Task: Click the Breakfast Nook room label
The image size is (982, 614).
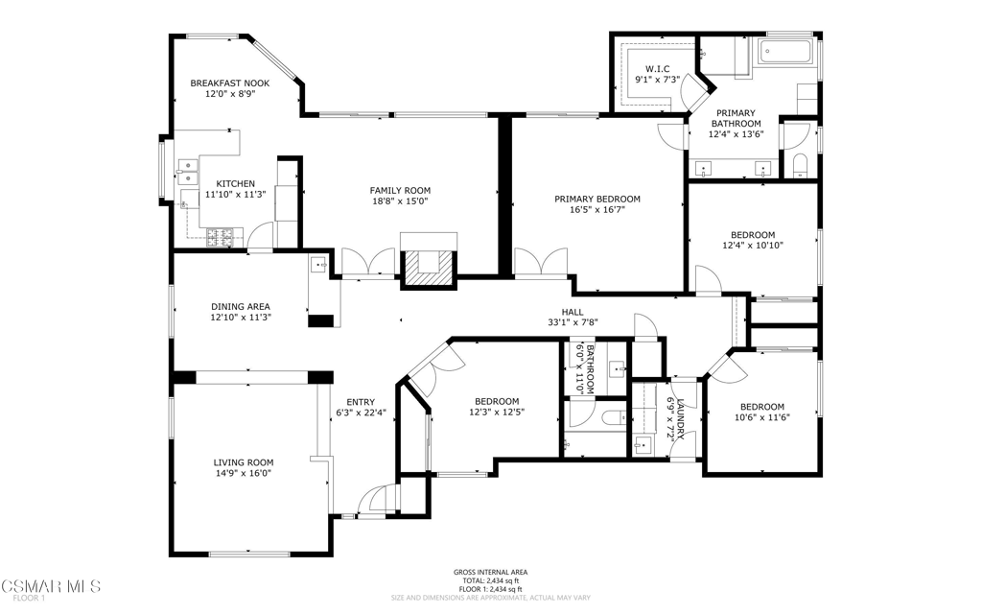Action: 230,83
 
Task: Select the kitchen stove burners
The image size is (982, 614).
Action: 224,236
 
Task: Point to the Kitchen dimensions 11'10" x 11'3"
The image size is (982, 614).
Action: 236,195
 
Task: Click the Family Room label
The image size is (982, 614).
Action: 400,191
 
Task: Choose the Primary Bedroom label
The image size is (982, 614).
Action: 597,200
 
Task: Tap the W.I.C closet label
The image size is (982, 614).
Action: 658,69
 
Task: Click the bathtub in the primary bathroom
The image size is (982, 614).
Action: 786,52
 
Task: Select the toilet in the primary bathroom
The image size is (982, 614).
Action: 801,167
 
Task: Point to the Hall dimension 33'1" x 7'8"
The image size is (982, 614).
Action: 573,322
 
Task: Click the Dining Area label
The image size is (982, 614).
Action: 241,307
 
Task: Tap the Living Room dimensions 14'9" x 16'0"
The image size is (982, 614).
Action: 243,474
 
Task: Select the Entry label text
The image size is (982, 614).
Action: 361,402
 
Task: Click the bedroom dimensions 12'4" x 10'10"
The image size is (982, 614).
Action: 753,246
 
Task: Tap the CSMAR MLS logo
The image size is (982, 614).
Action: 50,586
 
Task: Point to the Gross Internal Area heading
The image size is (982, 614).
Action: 490,572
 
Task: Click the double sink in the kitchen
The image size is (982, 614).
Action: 187,173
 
